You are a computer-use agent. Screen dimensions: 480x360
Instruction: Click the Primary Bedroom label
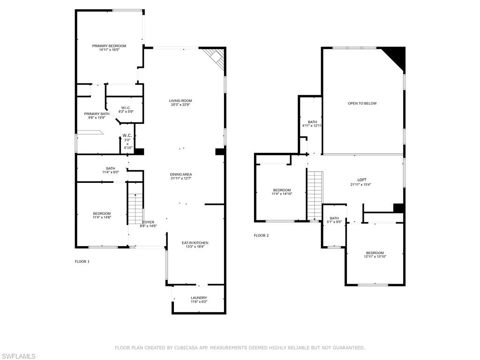tap(109, 46)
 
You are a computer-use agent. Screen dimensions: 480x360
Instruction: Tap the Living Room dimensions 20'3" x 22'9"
tap(180, 105)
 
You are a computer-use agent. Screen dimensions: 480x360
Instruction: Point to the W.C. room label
tap(127, 136)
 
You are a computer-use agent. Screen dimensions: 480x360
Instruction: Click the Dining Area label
tap(180, 174)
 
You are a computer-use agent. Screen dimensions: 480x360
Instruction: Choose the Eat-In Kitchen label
tap(195, 243)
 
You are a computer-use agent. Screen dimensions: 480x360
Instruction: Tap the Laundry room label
tap(199, 298)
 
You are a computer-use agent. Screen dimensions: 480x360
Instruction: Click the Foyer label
tap(148, 222)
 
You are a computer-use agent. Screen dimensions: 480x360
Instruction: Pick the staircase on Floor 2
tap(315, 195)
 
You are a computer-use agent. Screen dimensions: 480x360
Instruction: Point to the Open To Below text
tap(362, 103)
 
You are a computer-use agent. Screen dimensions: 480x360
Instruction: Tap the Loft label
tap(361, 180)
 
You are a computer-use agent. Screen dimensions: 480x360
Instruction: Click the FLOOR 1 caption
tap(82, 261)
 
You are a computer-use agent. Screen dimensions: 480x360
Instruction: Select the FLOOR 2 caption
tap(261, 235)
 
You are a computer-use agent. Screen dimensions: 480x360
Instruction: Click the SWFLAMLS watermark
tap(18, 356)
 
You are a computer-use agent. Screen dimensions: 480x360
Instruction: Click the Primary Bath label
tap(97, 114)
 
